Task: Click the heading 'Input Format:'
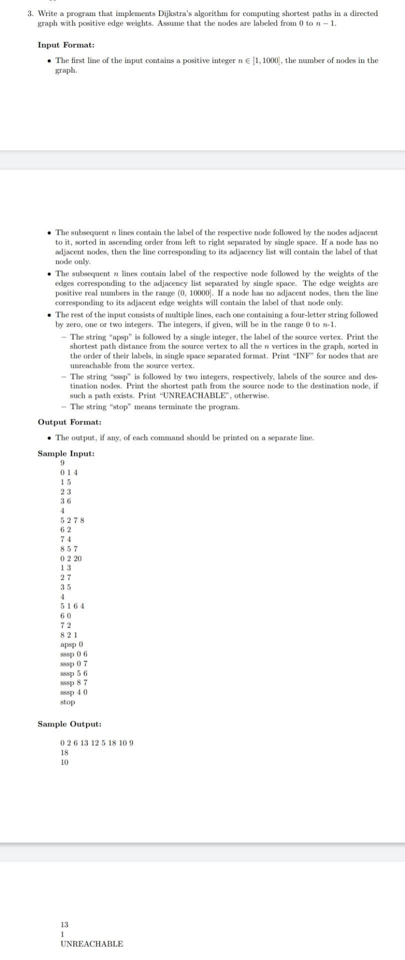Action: click(x=62, y=45)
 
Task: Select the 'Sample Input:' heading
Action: click(x=66, y=453)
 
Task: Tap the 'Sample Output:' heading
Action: click(x=69, y=724)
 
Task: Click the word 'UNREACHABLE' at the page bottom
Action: click(x=91, y=943)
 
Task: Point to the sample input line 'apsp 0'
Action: click(x=71, y=644)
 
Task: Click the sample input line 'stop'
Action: click(x=67, y=702)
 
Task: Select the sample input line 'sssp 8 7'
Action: click(x=74, y=682)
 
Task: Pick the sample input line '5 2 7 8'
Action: click(x=72, y=520)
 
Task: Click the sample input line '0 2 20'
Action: click(x=70, y=558)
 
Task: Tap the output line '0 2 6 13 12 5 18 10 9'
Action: click(x=96, y=743)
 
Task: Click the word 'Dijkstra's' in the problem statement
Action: click(x=161, y=13)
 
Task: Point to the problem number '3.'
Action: click(x=30, y=13)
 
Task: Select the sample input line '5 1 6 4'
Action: click(x=72, y=606)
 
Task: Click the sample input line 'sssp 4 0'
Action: click(x=74, y=692)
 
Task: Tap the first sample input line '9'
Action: click(x=62, y=463)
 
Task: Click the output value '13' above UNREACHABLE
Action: click(x=64, y=924)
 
